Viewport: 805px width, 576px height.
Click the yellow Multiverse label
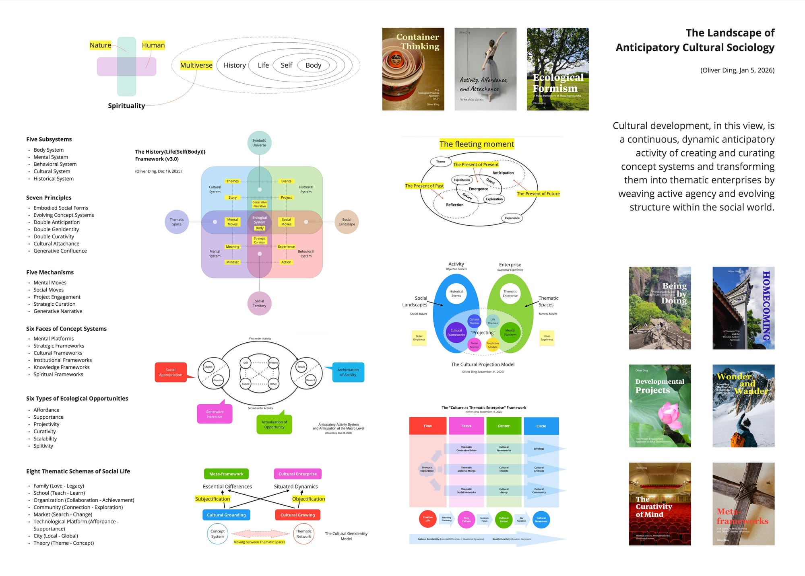(x=196, y=65)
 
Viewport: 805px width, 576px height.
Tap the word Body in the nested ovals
(x=313, y=65)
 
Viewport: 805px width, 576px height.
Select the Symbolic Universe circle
(x=259, y=143)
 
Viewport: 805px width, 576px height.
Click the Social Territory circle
(x=259, y=303)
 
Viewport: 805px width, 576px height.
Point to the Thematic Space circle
(x=177, y=222)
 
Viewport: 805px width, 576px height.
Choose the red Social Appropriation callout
(x=171, y=372)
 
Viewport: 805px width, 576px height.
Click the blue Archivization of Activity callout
(x=348, y=372)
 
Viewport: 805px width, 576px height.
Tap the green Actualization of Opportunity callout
(x=274, y=424)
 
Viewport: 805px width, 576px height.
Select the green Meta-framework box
(x=226, y=474)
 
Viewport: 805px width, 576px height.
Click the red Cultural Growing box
(x=297, y=515)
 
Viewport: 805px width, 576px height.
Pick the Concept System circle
(x=217, y=534)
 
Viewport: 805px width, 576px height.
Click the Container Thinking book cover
(x=413, y=69)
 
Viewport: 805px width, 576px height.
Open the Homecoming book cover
(x=743, y=308)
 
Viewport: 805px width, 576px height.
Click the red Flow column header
(x=427, y=426)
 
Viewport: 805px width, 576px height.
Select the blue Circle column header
(x=541, y=426)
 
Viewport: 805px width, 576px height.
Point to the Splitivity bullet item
(x=43, y=446)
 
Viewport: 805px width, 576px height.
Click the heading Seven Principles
(x=49, y=197)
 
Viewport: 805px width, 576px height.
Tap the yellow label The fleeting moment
(x=477, y=144)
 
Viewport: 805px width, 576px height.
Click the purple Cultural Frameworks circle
(x=456, y=332)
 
